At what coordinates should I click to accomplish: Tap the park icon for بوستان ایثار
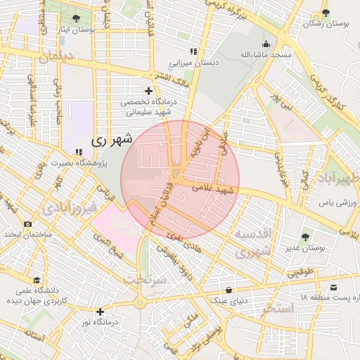click(76, 19)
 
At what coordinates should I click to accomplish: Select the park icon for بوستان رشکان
click(325, 13)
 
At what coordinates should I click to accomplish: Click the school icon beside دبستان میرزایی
click(193, 52)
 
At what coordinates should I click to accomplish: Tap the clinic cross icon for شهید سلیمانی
click(148, 91)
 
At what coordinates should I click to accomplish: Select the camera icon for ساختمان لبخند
click(27, 224)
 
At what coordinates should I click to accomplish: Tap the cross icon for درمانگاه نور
click(100, 311)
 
